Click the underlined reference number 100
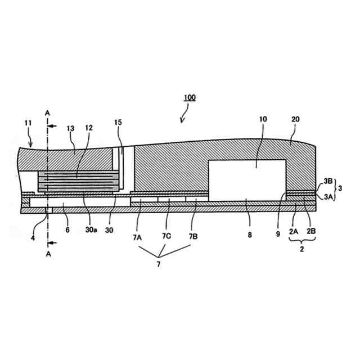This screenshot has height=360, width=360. (189, 97)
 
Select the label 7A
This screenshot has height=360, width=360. (138, 237)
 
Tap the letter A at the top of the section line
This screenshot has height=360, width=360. (48, 112)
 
